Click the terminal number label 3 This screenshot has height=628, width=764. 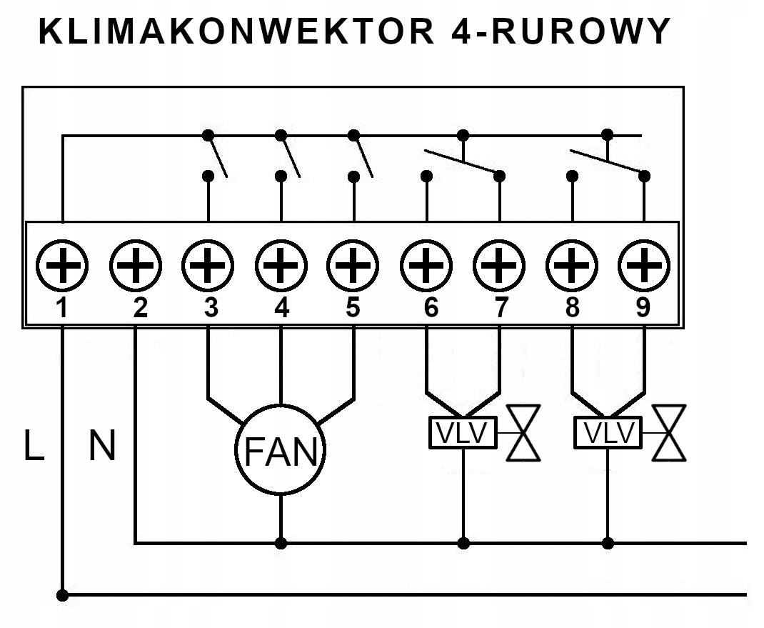click(x=210, y=308)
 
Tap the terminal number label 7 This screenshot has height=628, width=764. click(x=501, y=308)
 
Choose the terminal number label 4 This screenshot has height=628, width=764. click(x=282, y=308)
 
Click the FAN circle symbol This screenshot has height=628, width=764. click(x=281, y=449)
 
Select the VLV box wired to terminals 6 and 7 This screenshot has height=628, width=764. click(x=463, y=433)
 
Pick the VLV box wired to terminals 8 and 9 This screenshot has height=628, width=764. click(x=608, y=433)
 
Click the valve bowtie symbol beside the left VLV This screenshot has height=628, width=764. click(x=523, y=433)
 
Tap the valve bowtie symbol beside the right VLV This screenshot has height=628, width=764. click(x=670, y=433)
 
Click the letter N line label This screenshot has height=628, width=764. click(x=101, y=446)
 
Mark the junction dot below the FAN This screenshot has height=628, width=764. click(x=281, y=544)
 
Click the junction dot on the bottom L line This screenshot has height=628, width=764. click(x=63, y=594)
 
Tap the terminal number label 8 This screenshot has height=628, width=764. click(x=571, y=308)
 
